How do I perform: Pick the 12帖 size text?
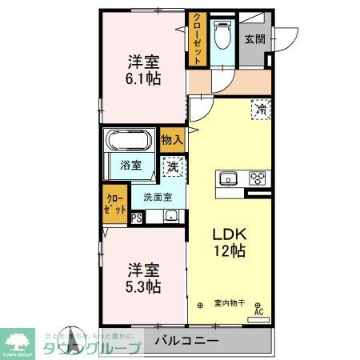tap(228, 251)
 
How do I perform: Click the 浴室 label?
tap(131, 166)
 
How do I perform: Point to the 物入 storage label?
tap(172, 140)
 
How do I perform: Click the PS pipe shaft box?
tap(136, 216)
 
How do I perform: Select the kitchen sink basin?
tap(226, 178)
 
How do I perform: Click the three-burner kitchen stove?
tap(258, 178)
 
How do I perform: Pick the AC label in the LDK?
tap(258, 314)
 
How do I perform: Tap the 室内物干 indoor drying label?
tap(230, 302)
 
